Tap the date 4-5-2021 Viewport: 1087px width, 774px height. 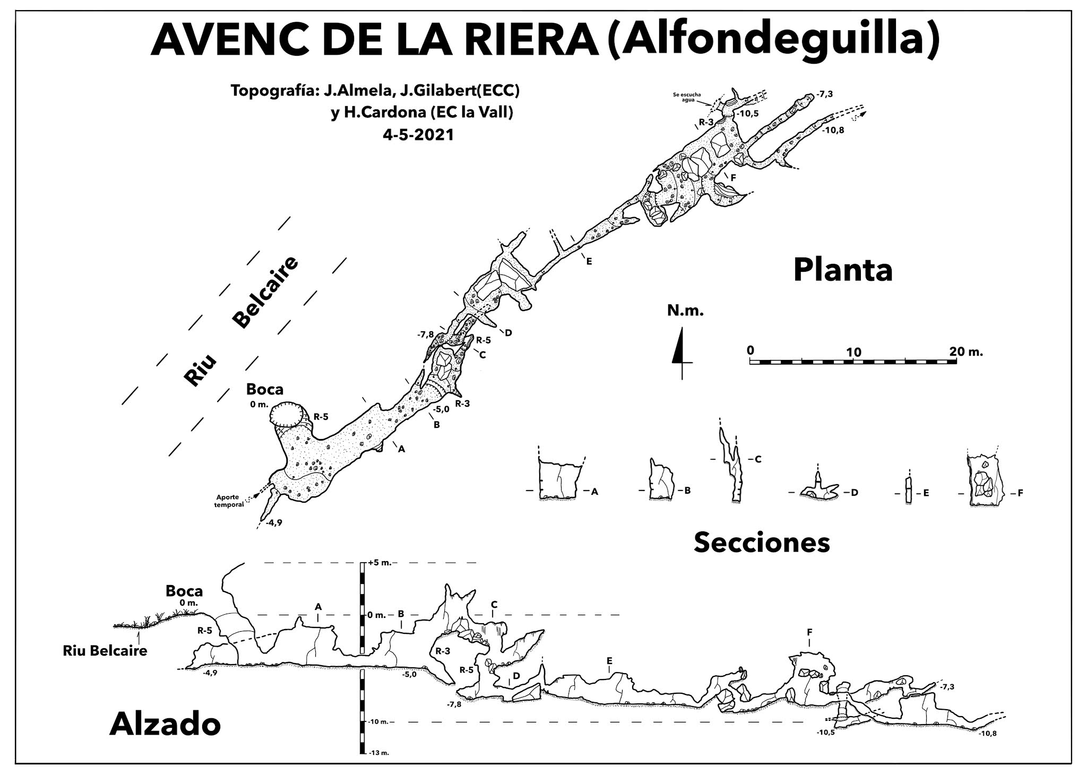[418, 135]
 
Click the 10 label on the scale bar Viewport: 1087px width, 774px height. [853, 352]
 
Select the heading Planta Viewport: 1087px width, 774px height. [843, 270]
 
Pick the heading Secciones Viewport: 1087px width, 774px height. [762, 543]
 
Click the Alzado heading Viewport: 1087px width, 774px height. [165, 725]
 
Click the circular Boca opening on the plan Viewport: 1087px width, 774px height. [287, 414]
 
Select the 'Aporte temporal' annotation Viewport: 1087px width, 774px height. [230, 501]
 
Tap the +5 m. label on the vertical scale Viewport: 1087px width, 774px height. [379, 563]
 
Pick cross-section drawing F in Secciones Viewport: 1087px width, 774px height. [986, 480]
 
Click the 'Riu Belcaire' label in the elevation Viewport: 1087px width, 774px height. [105, 651]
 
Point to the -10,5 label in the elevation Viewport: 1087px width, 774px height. [826, 733]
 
